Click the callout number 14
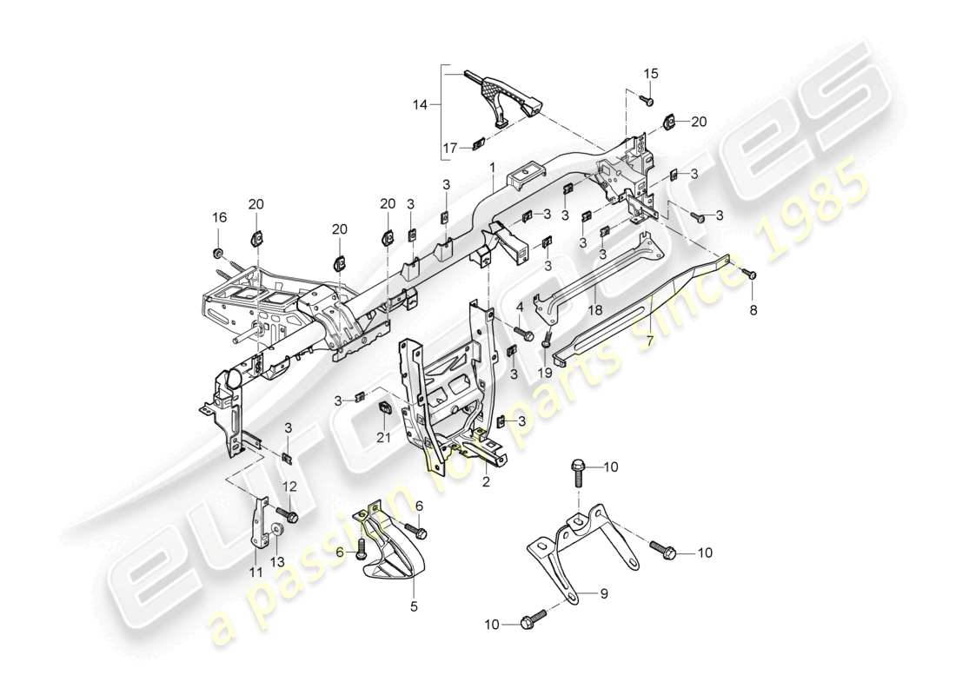click(420, 104)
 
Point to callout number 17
click(448, 148)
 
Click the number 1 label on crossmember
click(491, 166)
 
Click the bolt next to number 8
click(751, 275)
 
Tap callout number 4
click(519, 308)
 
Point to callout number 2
click(487, 480)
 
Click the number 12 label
click(289, 486)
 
